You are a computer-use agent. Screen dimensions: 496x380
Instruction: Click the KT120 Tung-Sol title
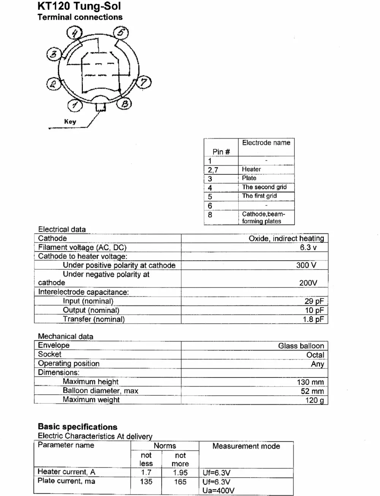pyautogui.click(x=79, y=6)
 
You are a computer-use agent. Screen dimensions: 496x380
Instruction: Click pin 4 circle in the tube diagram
pyautogui.click(x=74, y=33)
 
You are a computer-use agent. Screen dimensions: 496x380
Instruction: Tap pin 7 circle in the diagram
pyautogui.click(x=144, y=82)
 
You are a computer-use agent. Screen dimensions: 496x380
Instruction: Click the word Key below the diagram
pyautogui.click(x=70, y=122)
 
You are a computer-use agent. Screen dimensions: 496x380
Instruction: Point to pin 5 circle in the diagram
pyautogui.click(x=121, y=33)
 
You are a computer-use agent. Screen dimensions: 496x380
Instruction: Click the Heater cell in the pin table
pyautogui.click(x=251, y=169)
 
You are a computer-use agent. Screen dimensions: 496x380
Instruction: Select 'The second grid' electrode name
pyautogui.click(x=264, y=187)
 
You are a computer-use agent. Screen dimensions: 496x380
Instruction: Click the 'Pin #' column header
pyautogui.click(x=221, y=152)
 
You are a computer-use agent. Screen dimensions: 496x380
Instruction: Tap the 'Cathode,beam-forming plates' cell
pyautogui.click(x=263, y=217)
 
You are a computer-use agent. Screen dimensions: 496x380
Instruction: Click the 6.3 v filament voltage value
pyautogui.click(x=308, y=247)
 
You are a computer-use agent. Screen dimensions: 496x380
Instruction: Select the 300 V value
pyautogui.click(x=306, y=265)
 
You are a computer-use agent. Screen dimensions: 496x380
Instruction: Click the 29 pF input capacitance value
pyautogui.click(x=314, y=301)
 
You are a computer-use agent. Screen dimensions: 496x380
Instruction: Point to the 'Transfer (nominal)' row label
pyautogui.click(x=93, y=319)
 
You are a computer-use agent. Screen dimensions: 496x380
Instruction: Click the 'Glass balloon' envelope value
pyautogui.click(x=301, y=346)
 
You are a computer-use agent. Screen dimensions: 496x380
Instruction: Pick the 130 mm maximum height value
pyautogui.click(x=310, y=382)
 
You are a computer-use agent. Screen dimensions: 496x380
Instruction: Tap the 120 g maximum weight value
pyautogui.click(x=314, y=400)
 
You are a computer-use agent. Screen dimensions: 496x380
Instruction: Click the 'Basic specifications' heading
pyautogui.click(x=78, y=426)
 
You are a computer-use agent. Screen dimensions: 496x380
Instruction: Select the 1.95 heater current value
pyautogui.click(x=180, y=472)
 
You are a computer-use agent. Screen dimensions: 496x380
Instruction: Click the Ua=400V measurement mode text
pyautogui.click(x=218, y=490)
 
